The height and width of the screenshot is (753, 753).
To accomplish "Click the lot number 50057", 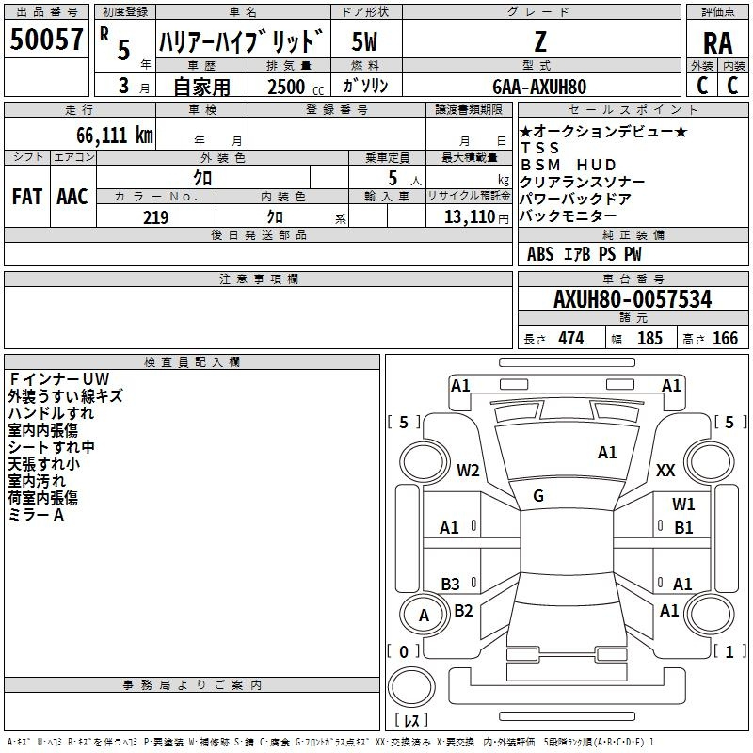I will [46, 40].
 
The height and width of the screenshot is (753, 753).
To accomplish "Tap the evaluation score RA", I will [717, 42].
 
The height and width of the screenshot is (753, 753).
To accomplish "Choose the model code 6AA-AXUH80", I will [539, 87].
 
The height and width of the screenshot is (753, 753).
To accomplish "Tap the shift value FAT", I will [26, 196].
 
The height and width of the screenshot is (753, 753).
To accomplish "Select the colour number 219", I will [155, 217].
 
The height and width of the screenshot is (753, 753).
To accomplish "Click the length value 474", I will [569, 338].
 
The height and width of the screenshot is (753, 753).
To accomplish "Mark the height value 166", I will [725, 338].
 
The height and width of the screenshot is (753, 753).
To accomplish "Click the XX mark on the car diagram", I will [665, 470].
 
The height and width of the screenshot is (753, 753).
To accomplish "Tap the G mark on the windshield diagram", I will [537, 495].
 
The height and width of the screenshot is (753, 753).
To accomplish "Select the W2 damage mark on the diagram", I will [468, 470].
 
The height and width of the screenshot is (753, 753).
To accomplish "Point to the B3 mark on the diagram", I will [450, 584].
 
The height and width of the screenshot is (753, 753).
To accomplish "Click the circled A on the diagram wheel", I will [424, 616].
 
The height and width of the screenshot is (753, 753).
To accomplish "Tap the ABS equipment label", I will [540, 254].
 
